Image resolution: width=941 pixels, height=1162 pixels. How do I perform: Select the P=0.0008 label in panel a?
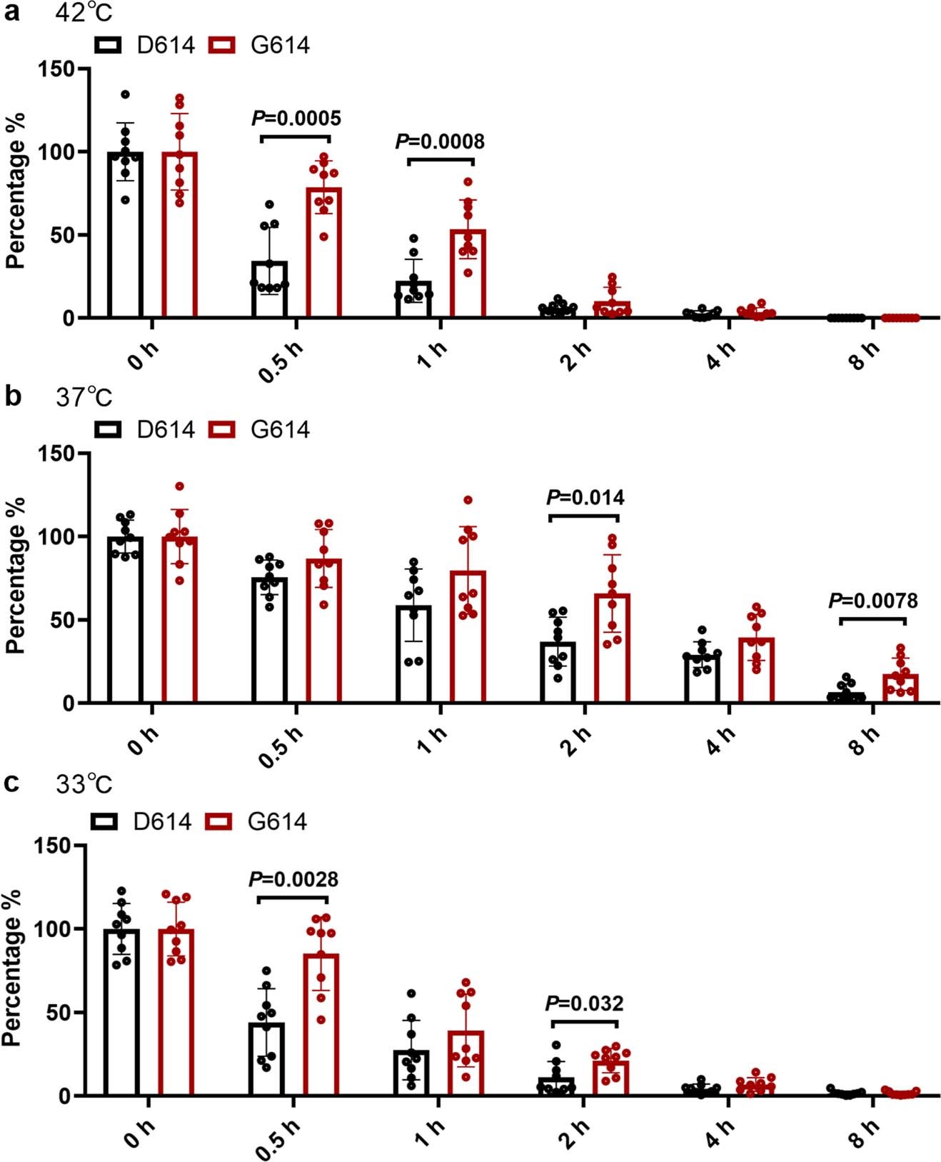[x=440, y=141]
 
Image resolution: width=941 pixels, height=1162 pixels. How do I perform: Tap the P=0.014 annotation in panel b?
[x=585, y=497]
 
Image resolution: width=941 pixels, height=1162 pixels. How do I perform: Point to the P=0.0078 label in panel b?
[x=872, y=601]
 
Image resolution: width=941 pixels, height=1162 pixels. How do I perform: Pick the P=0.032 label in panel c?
[x=584, y=1003]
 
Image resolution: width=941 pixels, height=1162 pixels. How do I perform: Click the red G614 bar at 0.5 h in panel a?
[x=323, y=254]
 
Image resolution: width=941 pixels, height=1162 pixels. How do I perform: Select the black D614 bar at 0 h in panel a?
[x=126, y=236]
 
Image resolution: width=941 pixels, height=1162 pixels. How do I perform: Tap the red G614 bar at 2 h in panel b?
[x=613, y=648]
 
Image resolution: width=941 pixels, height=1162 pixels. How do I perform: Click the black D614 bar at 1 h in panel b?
[x=413, y=654]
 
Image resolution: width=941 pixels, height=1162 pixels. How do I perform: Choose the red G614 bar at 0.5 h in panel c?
[x=321, y=1025]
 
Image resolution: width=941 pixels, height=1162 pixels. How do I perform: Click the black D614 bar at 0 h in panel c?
[x=122, y=1013]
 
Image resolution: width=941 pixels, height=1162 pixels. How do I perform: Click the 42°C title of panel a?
[x=84, y=14]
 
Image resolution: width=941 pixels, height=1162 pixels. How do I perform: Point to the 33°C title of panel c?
[x=84, y=784]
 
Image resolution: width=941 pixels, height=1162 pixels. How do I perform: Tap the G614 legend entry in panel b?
[x=260, y=429]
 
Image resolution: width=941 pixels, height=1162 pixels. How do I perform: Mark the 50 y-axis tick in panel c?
[x=60, y=1012]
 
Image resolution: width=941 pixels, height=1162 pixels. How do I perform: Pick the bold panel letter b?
[x=12, y=396]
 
